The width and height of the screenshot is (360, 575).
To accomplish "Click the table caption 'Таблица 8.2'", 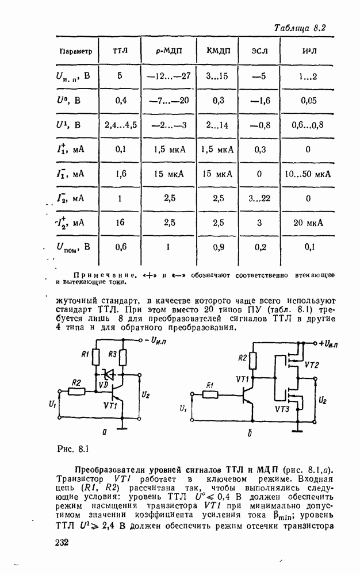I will point(300,28).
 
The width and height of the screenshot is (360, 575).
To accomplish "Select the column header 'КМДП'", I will point(218,52).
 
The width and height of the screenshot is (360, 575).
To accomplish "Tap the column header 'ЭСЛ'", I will point(260,52).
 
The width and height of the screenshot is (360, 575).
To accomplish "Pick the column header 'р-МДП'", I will point(168,52).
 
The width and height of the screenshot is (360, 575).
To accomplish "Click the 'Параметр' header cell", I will point(76,52).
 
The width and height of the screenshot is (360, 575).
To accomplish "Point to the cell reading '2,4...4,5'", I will point(120,125).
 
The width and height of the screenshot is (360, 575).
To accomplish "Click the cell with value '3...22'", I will point(259,198).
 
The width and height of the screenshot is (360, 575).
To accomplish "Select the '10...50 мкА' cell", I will point(308,174).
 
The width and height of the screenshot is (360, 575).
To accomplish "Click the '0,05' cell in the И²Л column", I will point(308,101).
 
